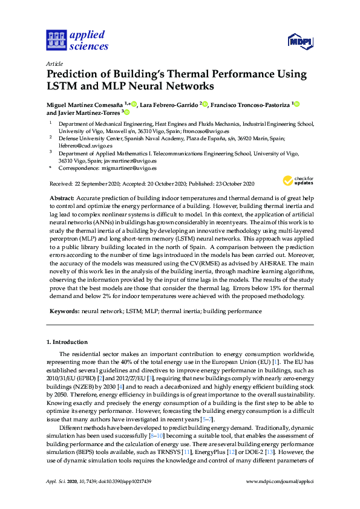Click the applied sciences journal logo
[77, 40]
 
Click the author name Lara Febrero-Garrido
[170, 105]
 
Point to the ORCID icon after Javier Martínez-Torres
[127, 112]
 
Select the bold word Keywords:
[64, 311]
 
